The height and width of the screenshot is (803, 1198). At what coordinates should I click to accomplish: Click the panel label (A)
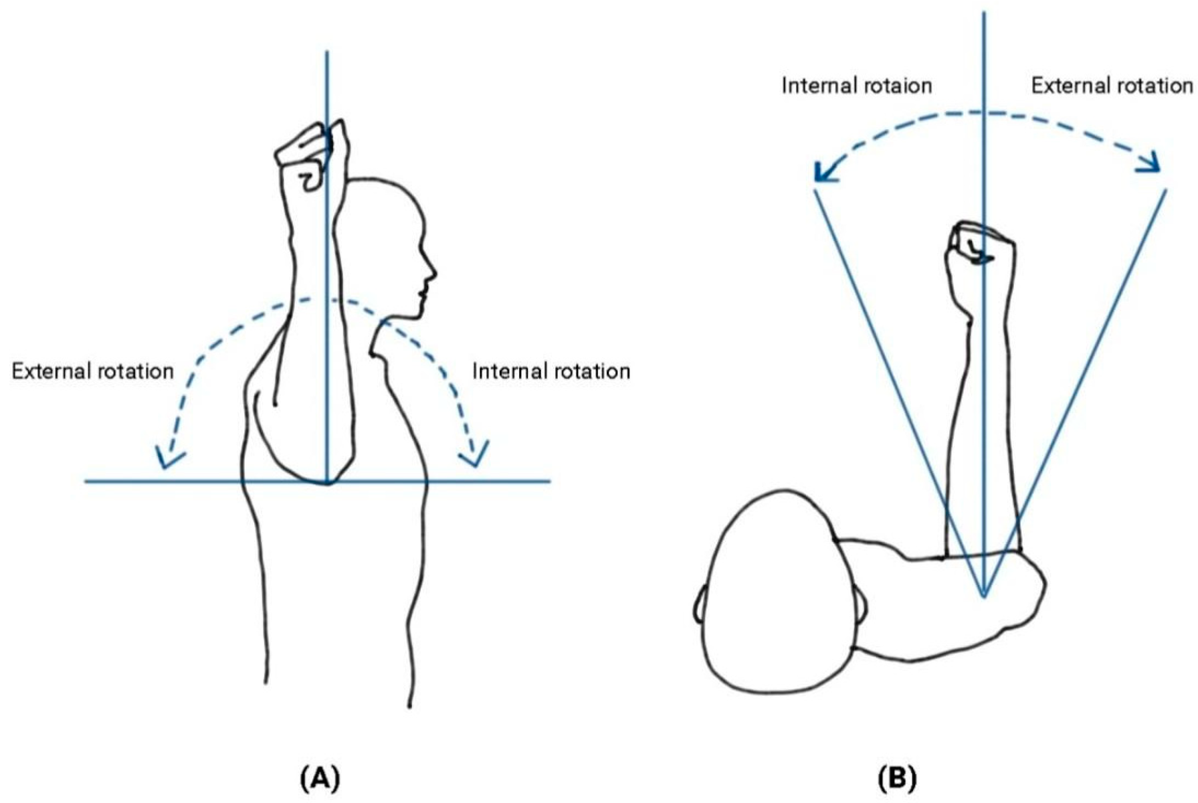tap(321, 778)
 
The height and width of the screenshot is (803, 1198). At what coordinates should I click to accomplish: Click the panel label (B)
tap(896, 778)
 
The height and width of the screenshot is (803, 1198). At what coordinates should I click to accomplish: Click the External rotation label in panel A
tap(92, 371)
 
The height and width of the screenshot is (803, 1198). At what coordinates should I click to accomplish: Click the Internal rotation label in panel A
tap(551, 371)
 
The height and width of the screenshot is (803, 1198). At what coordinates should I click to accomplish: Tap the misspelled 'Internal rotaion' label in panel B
tap(856, 86)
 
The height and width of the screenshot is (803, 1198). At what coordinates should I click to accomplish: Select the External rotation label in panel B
tap(1111, 86)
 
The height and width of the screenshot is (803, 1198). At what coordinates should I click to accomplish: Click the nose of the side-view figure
tap(433, 272)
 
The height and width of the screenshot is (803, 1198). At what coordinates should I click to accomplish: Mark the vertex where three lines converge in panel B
tap(984, 595)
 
